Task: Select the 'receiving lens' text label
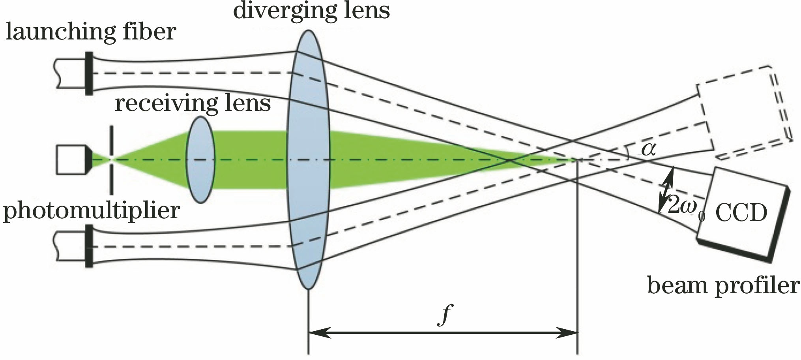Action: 193,103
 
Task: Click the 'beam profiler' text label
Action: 723,285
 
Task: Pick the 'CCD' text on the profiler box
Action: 741,213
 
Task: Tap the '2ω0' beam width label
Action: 685,208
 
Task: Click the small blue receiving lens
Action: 201,159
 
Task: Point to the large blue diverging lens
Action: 308,159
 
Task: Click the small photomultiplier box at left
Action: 71,159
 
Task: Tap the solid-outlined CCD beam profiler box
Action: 742,213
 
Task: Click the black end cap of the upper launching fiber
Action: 89,73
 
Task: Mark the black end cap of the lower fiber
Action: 89,246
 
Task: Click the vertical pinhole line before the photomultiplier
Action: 112,159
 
